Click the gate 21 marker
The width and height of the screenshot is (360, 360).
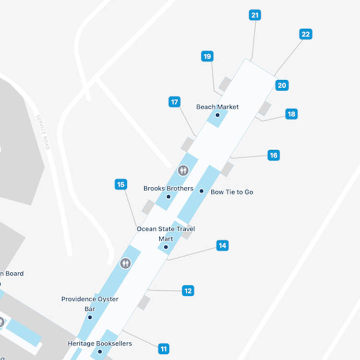coord(255,15)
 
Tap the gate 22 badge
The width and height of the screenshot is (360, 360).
coord(305,34)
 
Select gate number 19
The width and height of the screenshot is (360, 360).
coord(207,57)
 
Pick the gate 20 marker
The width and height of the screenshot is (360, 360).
coord(282,85)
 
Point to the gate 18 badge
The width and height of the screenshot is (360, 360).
coord(291,114)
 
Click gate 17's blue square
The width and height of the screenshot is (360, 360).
coord(175,102)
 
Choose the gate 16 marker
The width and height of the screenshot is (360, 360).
coord(274,155)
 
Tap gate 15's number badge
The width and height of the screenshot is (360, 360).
coord(121,184)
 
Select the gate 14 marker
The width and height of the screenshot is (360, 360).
coord(222,246)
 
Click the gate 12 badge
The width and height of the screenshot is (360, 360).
coord(188,290)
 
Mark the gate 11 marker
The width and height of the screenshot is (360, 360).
coord(164,349)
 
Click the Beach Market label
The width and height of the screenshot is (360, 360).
coord(217,107)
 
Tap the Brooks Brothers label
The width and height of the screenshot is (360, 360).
coord(168,189)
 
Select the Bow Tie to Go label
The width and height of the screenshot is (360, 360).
coord(232,192)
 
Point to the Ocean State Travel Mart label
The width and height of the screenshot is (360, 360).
coord(166,234)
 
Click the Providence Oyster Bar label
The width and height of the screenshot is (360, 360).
coord(90,304)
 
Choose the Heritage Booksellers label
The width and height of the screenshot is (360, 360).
coord(100,344)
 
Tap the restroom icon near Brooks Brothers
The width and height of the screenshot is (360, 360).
coord(183,170)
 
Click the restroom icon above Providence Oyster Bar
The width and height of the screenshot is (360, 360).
coord(126,263)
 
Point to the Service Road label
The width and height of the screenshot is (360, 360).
coord(43,132)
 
